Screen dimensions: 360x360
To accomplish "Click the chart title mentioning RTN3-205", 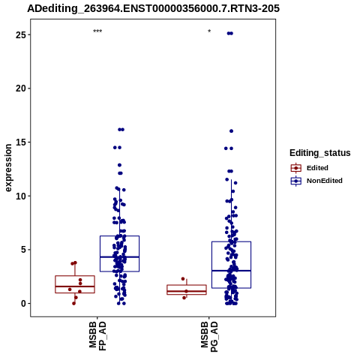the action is [x=153, y=9].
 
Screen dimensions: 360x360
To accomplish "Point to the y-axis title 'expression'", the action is [x=8, y=168].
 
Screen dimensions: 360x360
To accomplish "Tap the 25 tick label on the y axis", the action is [x=21, y=34].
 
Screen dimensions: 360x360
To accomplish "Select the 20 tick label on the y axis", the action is [x=21, y=88].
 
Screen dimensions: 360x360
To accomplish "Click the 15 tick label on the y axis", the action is [x=21, y=142].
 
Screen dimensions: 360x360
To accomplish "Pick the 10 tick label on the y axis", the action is [x=21, y=196].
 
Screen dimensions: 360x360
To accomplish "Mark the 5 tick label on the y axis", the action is [x=23, y=250].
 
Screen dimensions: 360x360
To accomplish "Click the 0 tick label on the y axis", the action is [x=23, y=303].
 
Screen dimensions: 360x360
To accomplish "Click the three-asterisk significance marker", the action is [x=97, y=31].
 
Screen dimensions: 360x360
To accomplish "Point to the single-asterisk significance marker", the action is [x=209, y=31].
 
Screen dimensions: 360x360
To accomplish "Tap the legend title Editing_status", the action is [x=320, y=153].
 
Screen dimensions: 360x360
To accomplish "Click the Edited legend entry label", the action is [x=317, y=168].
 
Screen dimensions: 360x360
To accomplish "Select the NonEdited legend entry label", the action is [x=325, y=181].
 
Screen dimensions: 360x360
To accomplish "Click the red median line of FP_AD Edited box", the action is [x=75, y=286].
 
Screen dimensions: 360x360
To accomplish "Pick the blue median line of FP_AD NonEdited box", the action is [x=119, y=256].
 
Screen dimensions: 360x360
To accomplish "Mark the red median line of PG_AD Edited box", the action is [x=187, y=291].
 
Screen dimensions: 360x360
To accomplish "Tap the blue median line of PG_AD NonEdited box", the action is [x=231, y=271].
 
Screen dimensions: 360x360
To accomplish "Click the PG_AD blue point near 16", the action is [x=231, y=131].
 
